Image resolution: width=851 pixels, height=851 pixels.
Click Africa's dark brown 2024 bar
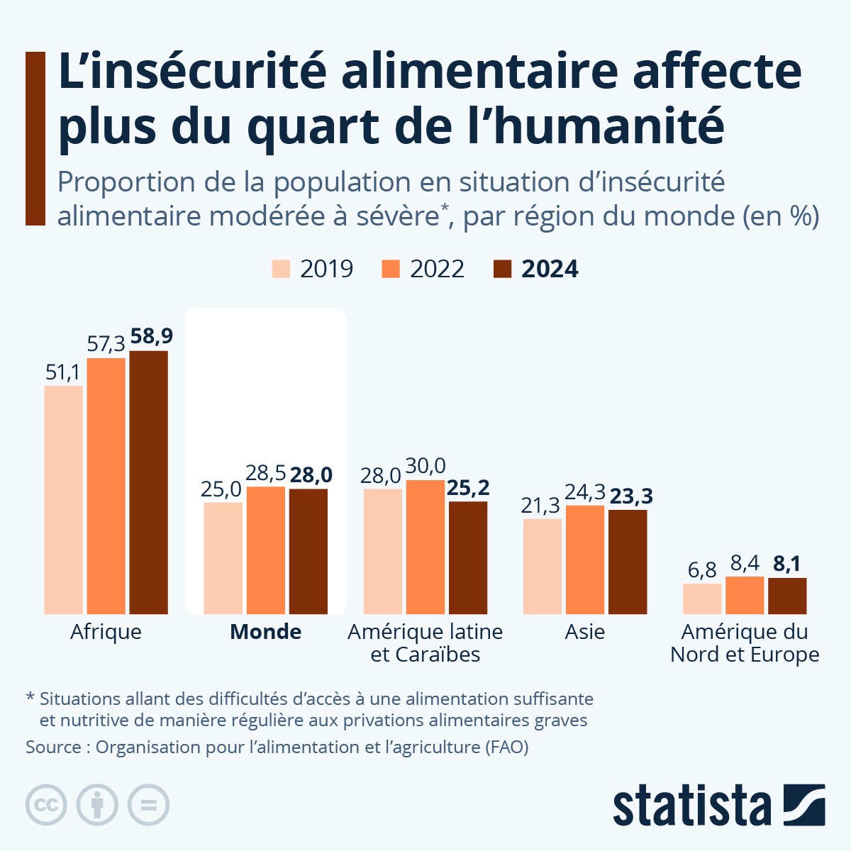[x=148, y=482]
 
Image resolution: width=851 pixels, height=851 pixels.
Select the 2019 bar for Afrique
[x=63, y=500]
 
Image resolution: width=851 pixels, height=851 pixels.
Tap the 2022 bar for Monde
[x=265, y=550]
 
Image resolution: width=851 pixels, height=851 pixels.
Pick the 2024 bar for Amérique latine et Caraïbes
[x=468, y=558]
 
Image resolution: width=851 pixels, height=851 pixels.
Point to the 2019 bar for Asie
[x=543, y=567]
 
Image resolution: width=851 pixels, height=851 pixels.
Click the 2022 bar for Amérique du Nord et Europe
[x=745, y=595]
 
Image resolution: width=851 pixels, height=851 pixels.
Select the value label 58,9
[x=152, y=337]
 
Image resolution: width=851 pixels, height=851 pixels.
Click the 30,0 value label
[x=425, y=466]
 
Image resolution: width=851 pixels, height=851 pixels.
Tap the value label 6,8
[x=702, y=570]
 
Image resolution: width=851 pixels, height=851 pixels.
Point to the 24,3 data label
[x=584, y=492]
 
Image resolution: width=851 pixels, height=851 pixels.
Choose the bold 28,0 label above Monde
[x=311, y=475]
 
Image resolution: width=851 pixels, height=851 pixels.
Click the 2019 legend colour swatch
[x=281, y=269]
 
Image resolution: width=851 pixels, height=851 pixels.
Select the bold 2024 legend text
[x=550, y=269]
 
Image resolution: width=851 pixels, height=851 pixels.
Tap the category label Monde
[x=266, y=632]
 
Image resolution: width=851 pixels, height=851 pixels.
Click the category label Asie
[x=584, y=632]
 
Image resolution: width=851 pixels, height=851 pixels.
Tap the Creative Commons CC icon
[x=46, y=805]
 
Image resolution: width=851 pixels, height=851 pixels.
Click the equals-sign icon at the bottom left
[x=148, y=805]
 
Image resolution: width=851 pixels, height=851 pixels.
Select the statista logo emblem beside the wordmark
[x=804, y=805]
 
